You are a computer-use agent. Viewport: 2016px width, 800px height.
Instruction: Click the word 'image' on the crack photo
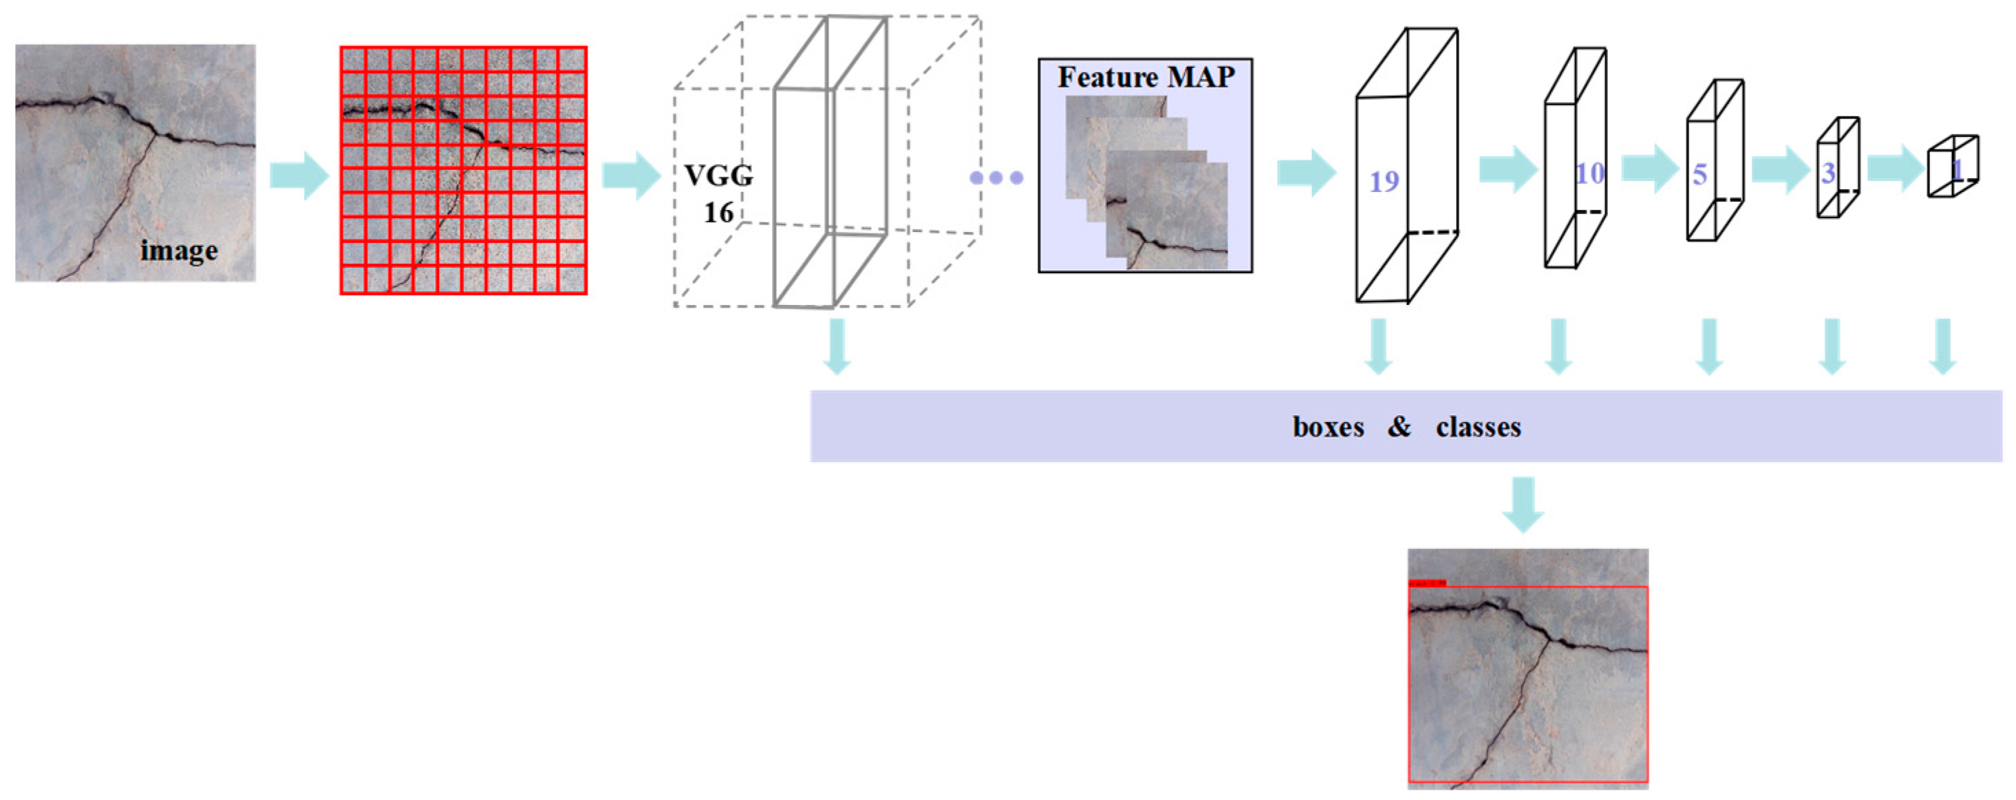[x=178, y=251]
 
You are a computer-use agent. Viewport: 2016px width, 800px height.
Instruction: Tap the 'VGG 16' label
[x=718, y=193]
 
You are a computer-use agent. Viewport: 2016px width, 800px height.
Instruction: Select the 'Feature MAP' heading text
[x=1146, y=76]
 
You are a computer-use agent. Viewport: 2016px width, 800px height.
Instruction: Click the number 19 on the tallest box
[x=1384, y=182]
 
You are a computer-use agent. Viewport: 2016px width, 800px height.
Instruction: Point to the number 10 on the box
[x=1589, y=173]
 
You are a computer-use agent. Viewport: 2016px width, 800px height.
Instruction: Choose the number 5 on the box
[x=1699, y=173]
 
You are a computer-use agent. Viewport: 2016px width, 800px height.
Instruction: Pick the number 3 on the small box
[x=1828, y=172]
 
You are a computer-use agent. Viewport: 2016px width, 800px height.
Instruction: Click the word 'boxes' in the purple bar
[x=1328, y=427]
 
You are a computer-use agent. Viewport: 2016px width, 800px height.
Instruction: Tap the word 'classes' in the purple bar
[x=1479, y=427]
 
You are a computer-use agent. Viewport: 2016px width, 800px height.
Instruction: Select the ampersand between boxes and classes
[x=1400, y=426]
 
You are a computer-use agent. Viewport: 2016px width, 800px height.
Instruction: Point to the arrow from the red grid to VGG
[x=631, y=176]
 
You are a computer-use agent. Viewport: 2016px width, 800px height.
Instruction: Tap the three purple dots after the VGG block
[x=996, y=178]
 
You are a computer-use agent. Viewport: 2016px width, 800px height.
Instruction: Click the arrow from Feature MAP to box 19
[x=1305, y=172]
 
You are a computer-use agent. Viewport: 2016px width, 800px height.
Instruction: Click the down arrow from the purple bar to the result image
[x=1523, y=504]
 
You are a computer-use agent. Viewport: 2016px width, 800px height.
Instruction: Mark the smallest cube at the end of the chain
[x=1953, y=166]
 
